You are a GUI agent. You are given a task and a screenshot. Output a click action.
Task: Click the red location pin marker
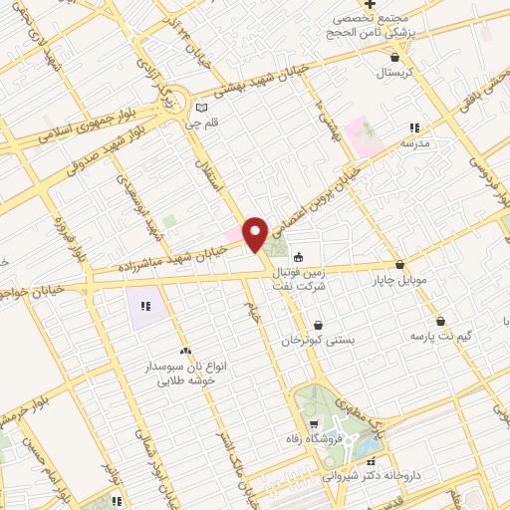coord(255,233)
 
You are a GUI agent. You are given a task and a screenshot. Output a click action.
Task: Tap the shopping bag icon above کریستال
coord(396,57)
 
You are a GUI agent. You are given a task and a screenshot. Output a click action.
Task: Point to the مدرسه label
coord(415,143)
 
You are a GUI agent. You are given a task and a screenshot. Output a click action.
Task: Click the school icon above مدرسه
coord(414,127)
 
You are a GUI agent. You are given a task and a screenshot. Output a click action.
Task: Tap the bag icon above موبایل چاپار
coord(400,265)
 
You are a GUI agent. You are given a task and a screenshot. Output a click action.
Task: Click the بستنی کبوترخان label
coord(317,340)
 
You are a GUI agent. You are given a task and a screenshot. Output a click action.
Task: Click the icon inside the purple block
coord(145,305)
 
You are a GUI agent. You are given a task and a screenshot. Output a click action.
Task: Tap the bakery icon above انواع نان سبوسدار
coord(185,351)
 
